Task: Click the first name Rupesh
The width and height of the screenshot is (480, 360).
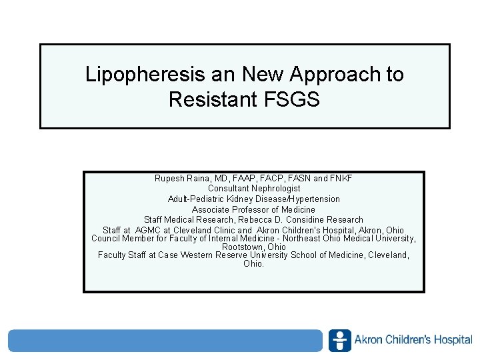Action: (x=169, y=179)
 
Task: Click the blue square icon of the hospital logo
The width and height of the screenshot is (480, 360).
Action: (x=339, y=340)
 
